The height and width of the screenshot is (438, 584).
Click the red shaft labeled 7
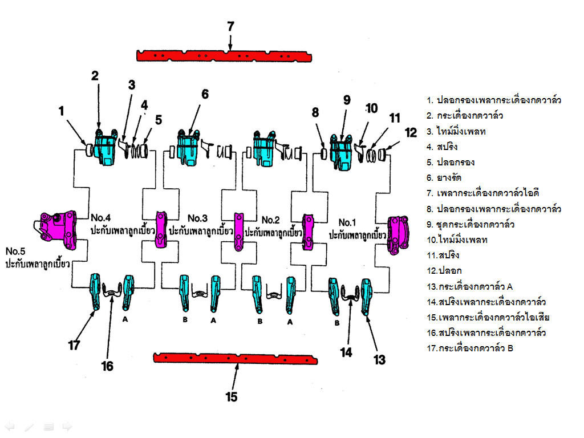point(224,55)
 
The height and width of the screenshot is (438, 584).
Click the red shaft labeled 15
point(235,358)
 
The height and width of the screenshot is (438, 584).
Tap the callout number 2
point(95,75)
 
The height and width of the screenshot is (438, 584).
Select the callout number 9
point(346,99)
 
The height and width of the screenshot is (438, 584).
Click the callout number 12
point(411,133)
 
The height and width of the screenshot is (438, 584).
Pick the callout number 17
point(74,345)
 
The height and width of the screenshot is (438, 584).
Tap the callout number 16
point(107,366)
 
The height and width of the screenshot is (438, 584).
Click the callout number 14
point(346,352)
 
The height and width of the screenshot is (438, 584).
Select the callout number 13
point(379,359)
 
